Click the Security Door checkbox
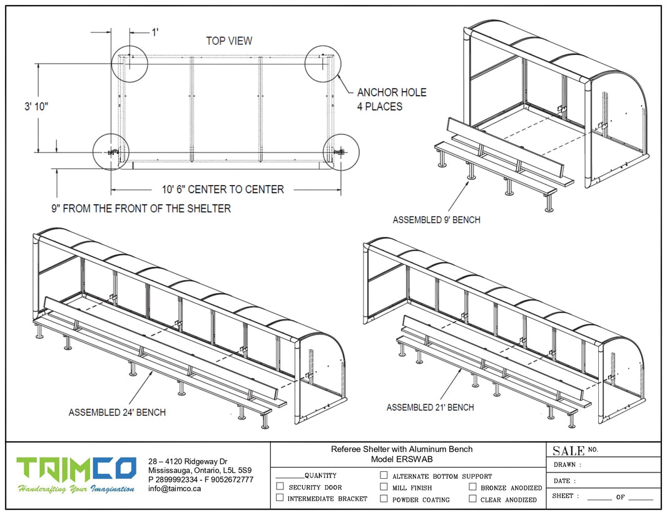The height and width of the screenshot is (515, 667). (x=280, y=486)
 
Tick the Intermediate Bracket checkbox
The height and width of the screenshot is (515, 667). (x=280, y=497)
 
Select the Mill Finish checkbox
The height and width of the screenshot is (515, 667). (x=384, y=487)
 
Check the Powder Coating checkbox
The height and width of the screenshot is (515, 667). (x=384, y=499)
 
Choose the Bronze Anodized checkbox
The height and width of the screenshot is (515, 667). (x=473, y=487)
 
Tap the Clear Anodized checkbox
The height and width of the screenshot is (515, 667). (x=473, y=499)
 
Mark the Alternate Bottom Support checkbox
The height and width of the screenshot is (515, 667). (x=384, y=475)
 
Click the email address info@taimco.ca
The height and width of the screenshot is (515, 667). (x=174, y=489)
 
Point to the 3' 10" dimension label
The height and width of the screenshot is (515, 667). (x=37, y=106)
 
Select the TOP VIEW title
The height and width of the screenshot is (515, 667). (x=229, y=41)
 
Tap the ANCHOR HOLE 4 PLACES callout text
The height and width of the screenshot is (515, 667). (x=392, y=99)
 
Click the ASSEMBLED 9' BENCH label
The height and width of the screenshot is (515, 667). (x=436, y=220)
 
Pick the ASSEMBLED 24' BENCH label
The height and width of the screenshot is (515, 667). (x=117, y=412)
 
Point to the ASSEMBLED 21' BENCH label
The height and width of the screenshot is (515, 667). (x=430, y=407)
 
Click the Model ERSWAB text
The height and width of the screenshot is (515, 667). (x=401, y=459)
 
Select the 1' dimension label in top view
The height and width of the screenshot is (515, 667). (x=155, y=32)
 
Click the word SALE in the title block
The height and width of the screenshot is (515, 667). (x=568, y=451)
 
